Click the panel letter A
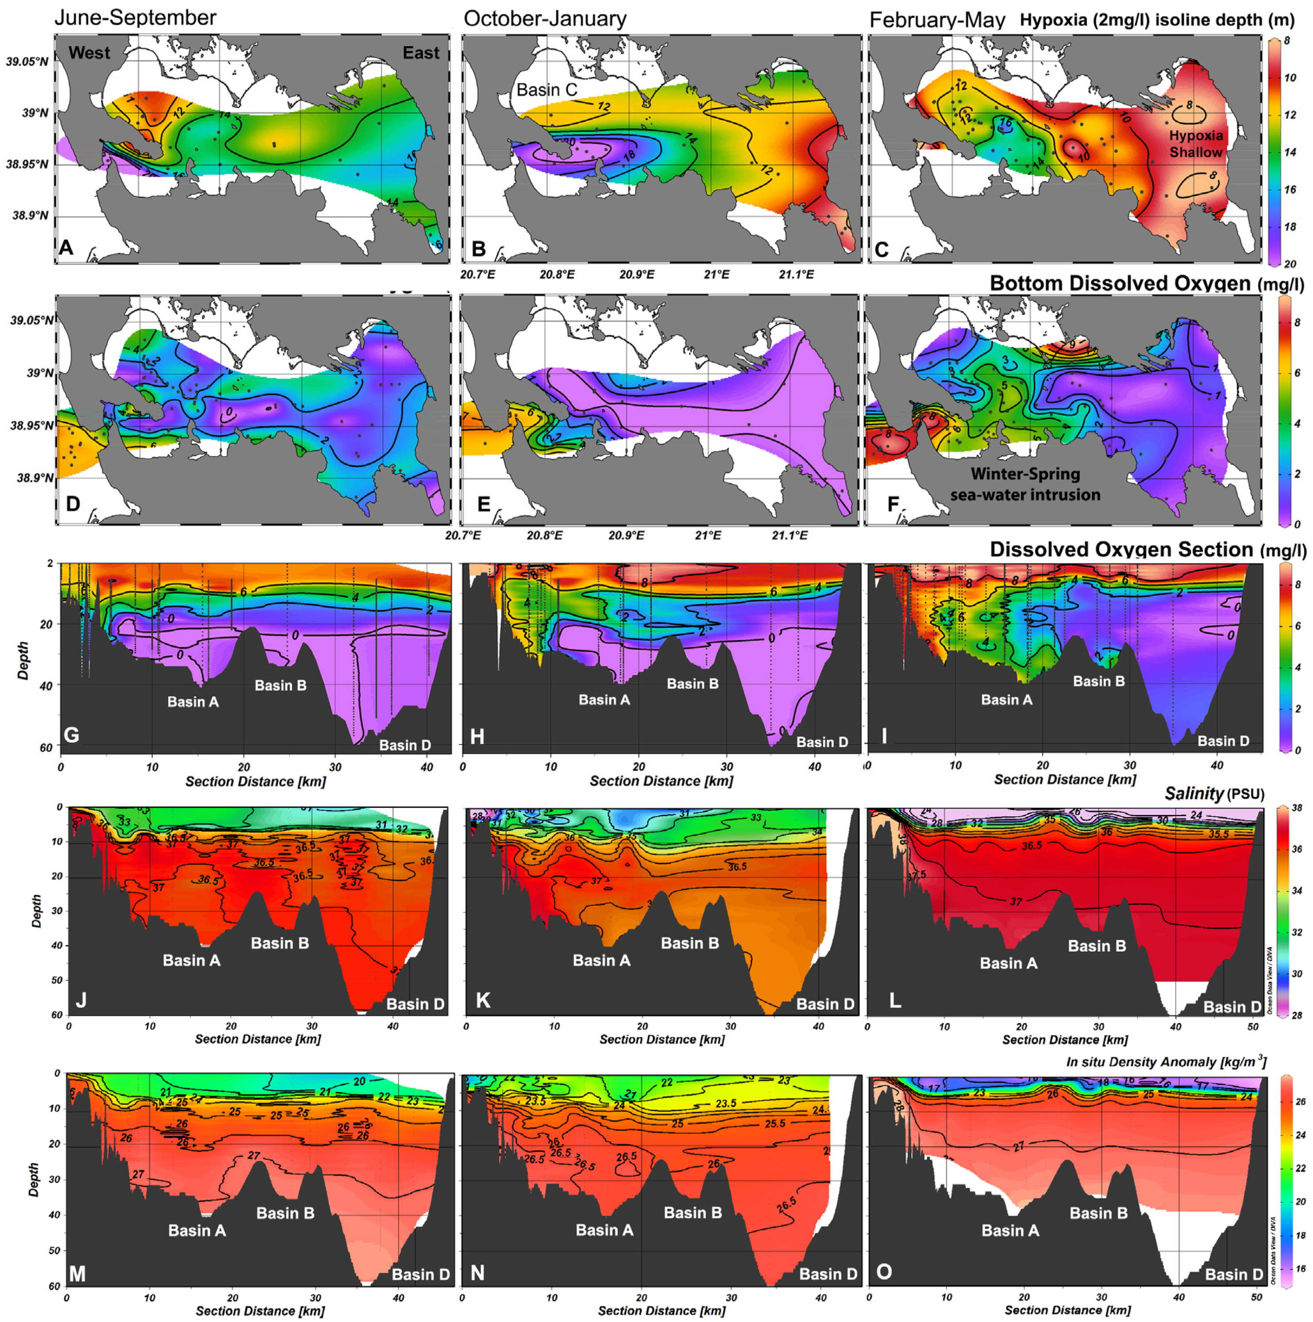66,247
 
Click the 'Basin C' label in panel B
546,90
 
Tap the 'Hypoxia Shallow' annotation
1195,144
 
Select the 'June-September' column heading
135,18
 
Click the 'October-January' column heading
545,19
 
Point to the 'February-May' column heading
937,20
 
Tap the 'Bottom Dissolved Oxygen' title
1120,283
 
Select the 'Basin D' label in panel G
405,745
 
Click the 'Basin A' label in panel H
604,699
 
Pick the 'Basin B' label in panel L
1097,946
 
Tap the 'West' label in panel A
89,53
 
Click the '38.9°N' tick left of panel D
30,478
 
